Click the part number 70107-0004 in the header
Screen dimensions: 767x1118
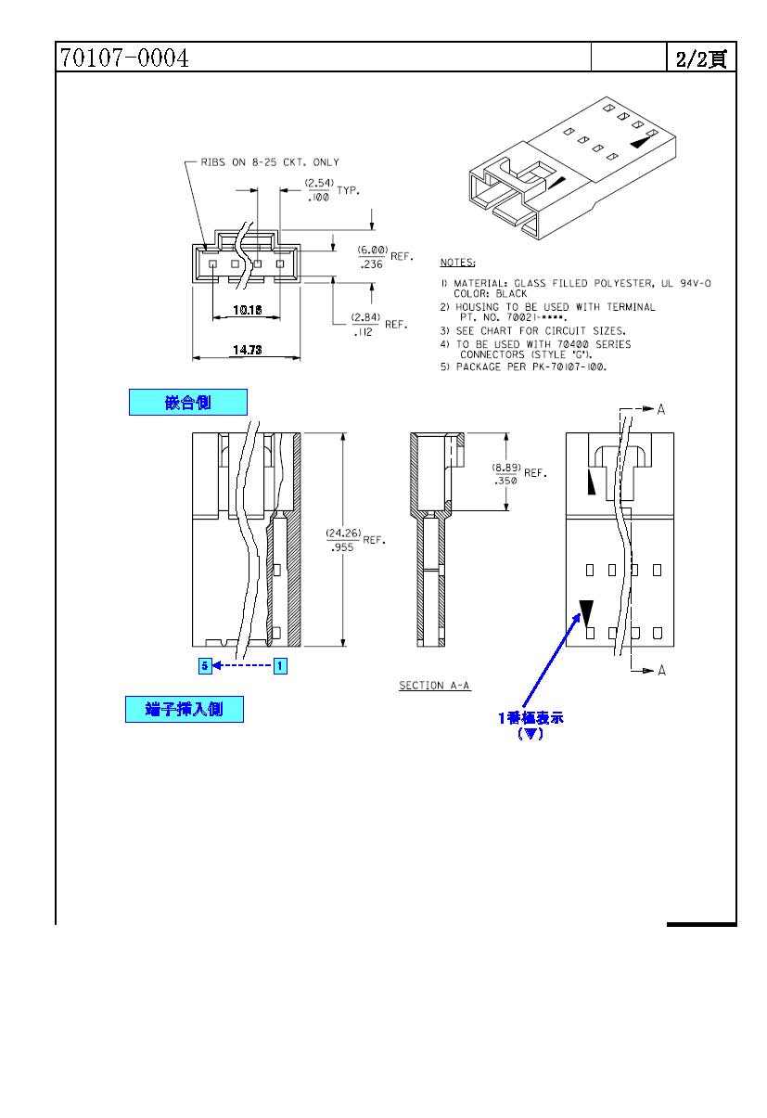click(x=124, y=58)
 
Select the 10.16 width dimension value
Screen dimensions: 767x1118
click(x=248, y=310)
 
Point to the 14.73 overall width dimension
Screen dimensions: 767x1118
click(x=248, y=350)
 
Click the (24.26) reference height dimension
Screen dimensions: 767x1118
click(x=343, y=533)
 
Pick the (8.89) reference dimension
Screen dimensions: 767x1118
click(x=506, y=468)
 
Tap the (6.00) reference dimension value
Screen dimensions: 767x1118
click(x=373, y=250)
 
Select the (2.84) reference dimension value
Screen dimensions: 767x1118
click(x=365, y=317)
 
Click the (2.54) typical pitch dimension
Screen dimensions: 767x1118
click(x=319, y=183)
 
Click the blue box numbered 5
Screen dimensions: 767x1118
click(x=205, y=666)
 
